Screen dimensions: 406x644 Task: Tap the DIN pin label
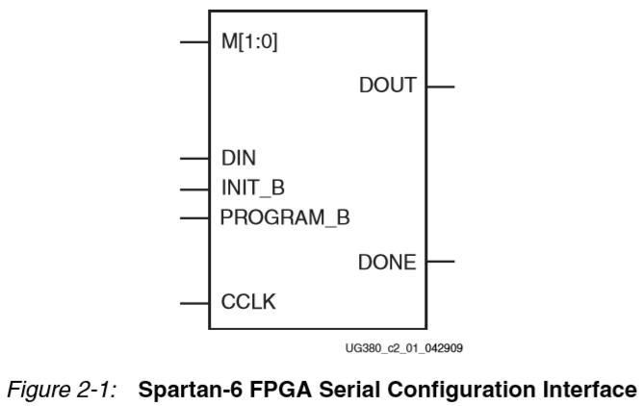240,157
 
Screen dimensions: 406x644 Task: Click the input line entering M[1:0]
193,43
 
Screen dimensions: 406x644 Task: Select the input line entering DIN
193,157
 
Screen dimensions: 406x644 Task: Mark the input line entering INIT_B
193,187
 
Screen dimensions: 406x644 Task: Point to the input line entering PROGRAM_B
193,217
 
